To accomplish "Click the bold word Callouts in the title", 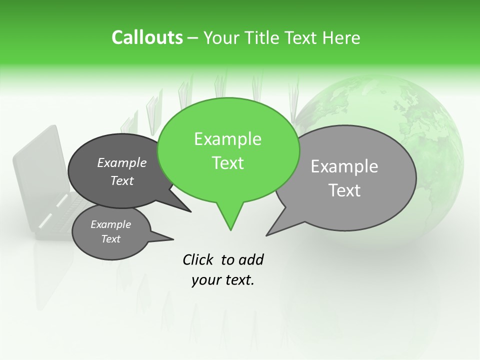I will pos(147,37).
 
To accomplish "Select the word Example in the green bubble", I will pos(227,139).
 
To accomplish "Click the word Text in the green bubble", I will pos(228,163).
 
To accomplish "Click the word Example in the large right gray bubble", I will pos(344,166).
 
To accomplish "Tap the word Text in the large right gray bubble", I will pos(345,190).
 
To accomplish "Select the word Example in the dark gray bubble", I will pos(122,162).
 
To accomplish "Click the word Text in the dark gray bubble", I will pos(122,180).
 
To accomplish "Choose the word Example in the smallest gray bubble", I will pos(111,224).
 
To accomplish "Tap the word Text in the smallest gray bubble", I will pos(111,239).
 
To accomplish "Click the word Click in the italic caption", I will pos(198,259).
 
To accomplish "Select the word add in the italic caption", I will pos(251,259).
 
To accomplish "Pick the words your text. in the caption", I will pos(223,280).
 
